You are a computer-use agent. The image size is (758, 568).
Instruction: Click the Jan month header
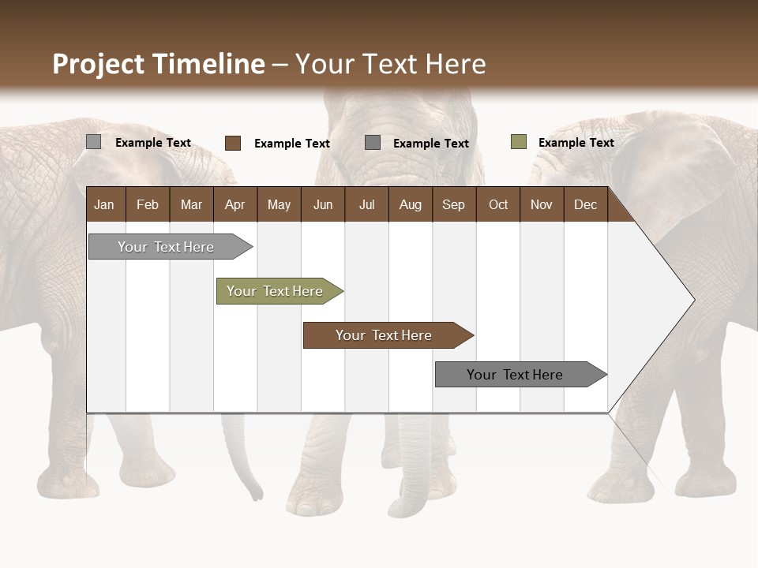tap(104, 204)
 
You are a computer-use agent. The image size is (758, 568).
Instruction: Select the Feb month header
tap(148, 204)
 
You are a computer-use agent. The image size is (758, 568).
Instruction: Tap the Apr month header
tap(235, 204)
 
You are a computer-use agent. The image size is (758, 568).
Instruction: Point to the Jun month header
tap(323, 204)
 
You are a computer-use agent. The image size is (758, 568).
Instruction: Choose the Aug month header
tap(410, 204)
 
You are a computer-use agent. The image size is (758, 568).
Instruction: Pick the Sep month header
tap(453, 204)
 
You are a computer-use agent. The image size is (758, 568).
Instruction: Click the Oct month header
tap(498, 204)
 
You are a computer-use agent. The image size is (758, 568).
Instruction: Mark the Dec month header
tap(585, 204)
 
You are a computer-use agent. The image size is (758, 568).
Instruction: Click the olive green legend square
tap(519, 142)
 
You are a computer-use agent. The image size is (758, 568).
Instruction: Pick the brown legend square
tap(233, 143)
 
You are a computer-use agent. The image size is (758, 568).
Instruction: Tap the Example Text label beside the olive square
tap(576, 143)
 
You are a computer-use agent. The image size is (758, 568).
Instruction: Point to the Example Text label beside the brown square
tap(291, 144)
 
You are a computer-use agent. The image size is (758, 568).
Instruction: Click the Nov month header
tap(541, 204)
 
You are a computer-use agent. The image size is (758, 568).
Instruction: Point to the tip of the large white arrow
tap(693, 300)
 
